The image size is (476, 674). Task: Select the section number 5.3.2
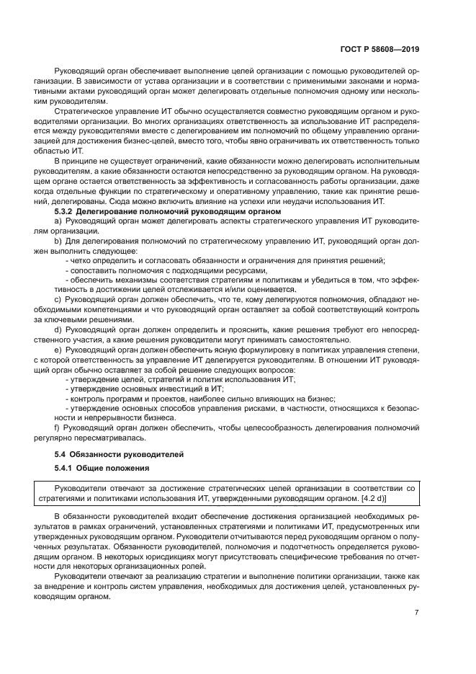tap(67, 212)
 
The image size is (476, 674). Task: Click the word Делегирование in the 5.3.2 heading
tap(117, 212)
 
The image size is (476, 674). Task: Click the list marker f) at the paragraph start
tap(58, 427)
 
